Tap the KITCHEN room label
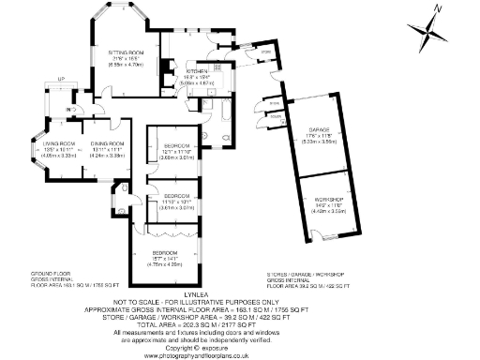pyautogui.click(x=196, y=70)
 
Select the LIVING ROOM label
pyautogui.click(x=58, y=143)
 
